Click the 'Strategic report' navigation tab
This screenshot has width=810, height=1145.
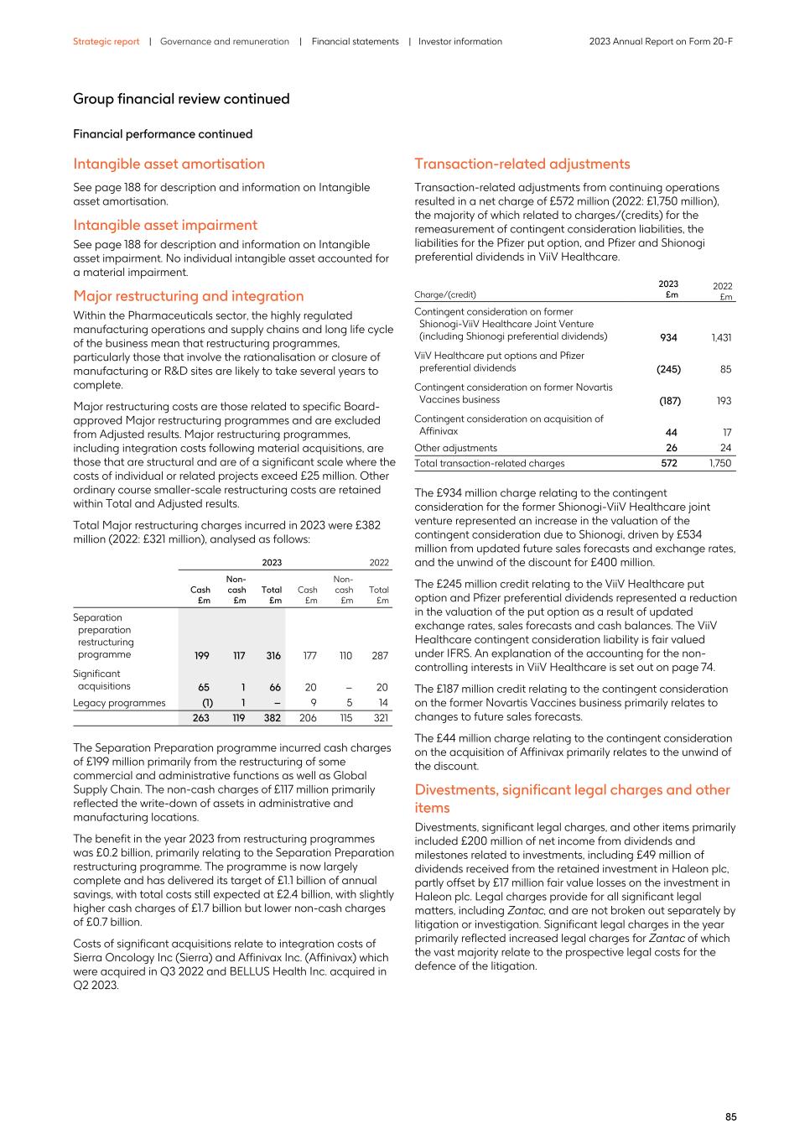pos(106,41)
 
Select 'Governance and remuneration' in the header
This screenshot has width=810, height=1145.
pos(224,41)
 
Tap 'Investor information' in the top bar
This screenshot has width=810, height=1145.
pos(460,41)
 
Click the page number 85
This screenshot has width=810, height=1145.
pos(730,1116)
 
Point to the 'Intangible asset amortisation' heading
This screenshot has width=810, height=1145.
pos(169,164)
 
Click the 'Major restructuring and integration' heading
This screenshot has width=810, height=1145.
pos(188,296)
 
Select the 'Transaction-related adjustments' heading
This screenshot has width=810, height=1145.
pos(522,164)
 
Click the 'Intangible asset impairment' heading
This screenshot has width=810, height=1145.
pos(165,225)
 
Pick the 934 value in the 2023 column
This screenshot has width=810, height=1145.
pos(668,337)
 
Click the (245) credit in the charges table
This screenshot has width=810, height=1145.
pos(667,369)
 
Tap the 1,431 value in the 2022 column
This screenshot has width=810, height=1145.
pos(720,337)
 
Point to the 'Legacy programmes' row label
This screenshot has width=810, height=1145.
pos(119,703)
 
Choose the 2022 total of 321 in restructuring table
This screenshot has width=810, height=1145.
pos(381,718)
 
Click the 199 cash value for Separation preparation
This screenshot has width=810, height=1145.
pos(200,656)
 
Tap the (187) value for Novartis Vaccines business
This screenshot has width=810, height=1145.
pos(669,401)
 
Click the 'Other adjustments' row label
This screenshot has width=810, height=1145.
pos(455,448)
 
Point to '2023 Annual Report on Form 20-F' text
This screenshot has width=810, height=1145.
pos(661,41)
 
